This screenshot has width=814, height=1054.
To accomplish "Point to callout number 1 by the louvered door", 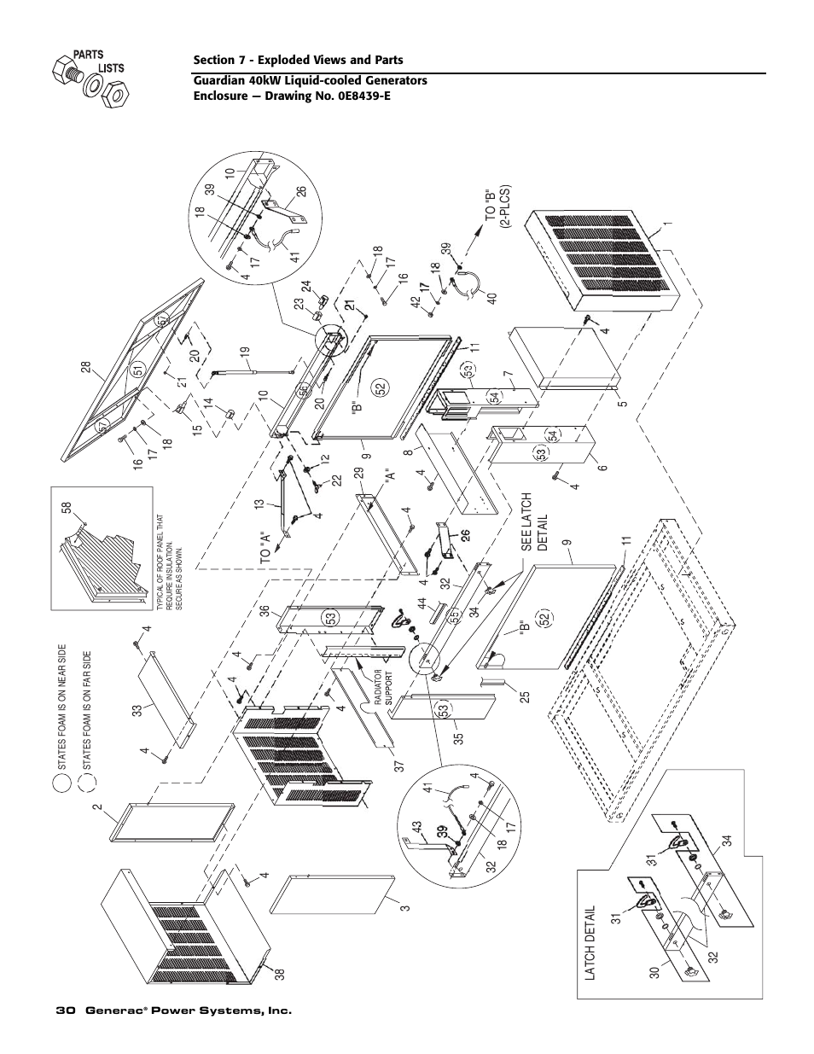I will (x=670, y=224).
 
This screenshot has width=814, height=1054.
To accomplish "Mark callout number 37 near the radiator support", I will (x=372, y=766).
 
